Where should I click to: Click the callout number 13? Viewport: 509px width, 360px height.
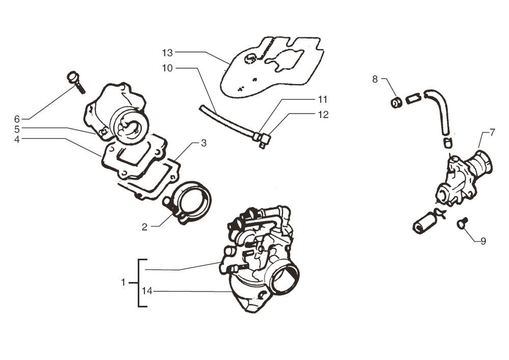pyautogui.click(x=168, y=52)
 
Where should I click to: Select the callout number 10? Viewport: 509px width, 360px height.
pyautogui.click(x=168, y=68)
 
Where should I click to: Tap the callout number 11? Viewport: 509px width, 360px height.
pyautogui.click(x=323, y=99)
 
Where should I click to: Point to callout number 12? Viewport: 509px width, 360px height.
pyautogui.click(x=323, y=115)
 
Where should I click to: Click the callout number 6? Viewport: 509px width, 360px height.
pyautogui.click(x=17, y=119)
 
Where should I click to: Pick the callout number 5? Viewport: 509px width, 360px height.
pyautogui.click(x=17, y=129)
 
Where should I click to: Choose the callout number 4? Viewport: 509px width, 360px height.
pyautogui.click(x=17, y=139)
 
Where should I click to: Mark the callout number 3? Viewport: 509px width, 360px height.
pyautogui.click(x=203, y=144)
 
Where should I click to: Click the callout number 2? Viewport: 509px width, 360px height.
pyautogui.click(x=145, y=227)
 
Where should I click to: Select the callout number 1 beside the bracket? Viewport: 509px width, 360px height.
pyautogui.click(x=123, y=282)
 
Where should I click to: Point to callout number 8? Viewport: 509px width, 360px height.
pyautogui.click(x=375, y=79)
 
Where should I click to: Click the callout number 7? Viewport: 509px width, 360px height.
pyautogui.click(x=492, y=132)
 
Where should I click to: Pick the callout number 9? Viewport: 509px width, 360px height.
pyautogui.click(x=483, y=241)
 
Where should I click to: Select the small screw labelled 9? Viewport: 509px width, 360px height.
pyautogui.click(x=463, y=223)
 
